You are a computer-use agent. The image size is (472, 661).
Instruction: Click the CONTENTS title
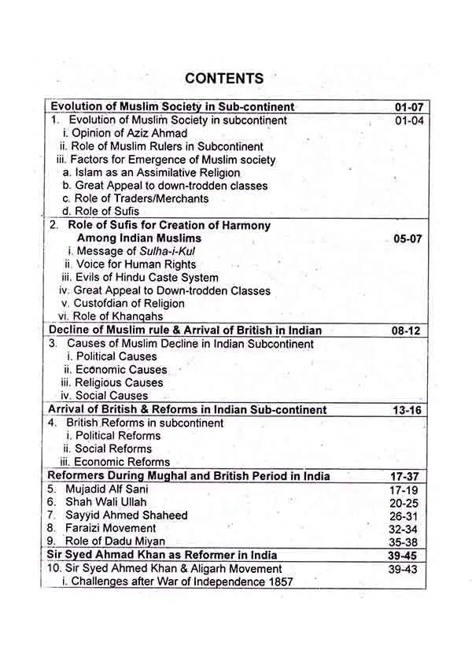coord(224,78)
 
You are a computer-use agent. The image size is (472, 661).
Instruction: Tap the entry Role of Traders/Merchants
coord(135,198)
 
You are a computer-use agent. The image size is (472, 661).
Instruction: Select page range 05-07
coord(409,238)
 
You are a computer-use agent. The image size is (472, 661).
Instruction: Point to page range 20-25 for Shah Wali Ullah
coord(404,502)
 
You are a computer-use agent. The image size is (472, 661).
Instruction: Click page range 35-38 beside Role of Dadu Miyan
coord(404,541)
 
